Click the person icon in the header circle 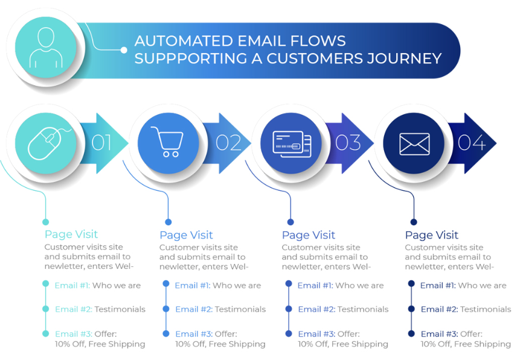coord(46,48)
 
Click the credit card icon coord(292,144)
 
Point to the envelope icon coord(414,144)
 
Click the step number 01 coord(101,143)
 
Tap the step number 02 coord(228,143)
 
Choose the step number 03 coord(348,143)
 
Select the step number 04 coord(472,143)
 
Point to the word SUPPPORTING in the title coord(191,59)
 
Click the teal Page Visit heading coord(71,234)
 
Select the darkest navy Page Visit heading coord(431,235)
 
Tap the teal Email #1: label coord(72,285)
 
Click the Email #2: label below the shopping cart coord(194,309)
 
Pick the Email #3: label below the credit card coord(316,334)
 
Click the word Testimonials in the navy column coord(486,309)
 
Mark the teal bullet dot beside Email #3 coord(46,334)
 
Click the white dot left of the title coord(124,50)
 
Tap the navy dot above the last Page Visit coord(414,222)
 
